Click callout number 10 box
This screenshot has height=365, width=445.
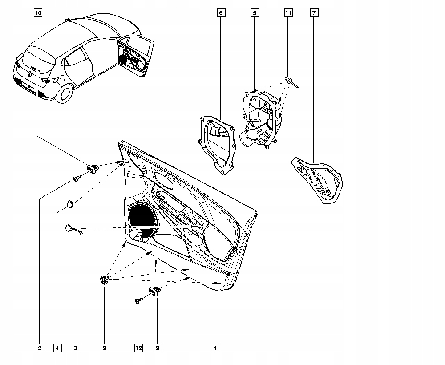point(38,13)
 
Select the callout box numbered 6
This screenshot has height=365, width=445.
point(220,13)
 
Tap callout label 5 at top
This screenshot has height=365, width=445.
point(255,13)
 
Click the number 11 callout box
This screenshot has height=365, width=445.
point(288,13)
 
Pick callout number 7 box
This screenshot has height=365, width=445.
point(314,13)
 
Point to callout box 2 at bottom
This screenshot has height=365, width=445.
point(40,348)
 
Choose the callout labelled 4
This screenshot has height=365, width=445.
point(57,348)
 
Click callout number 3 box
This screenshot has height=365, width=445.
point(76,348)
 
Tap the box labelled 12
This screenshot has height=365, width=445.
point(138,348)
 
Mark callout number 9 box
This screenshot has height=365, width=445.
point(158,348)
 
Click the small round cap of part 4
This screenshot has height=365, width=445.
point(70,204)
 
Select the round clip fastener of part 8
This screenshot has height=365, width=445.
point(105,280)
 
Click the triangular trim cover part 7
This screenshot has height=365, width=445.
point(320,179)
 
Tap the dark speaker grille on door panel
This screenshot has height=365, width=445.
point(142,215)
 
